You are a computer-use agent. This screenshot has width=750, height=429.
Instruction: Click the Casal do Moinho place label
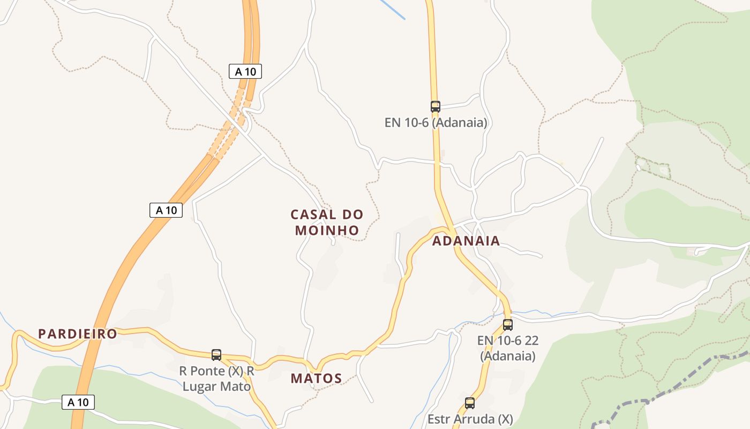tap(327, 222)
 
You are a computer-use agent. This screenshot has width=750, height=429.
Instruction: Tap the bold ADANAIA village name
tap(466, 241)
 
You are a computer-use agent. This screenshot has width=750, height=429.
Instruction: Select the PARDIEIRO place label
tap(77, 334)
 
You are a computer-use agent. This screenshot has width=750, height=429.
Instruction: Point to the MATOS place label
tap(316, 378)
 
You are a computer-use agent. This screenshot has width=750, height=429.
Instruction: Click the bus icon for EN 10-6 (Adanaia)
tap(435, 106)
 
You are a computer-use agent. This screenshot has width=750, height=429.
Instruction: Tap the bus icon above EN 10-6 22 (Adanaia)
tap(507, 324)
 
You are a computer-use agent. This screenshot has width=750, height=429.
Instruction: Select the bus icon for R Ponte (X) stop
tap(216, 354)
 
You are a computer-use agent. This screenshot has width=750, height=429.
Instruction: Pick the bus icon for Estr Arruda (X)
tap(469, 403)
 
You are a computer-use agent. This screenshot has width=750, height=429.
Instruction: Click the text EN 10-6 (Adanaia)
tap(436, 122)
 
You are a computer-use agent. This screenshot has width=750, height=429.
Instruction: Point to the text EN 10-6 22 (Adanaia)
tap(507, 347)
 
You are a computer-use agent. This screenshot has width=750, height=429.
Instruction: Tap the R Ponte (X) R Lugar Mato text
tap(216, 378)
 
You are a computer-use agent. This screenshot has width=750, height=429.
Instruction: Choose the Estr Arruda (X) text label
tap(470, 419)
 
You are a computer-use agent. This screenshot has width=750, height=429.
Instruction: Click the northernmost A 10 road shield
tap(245, 71)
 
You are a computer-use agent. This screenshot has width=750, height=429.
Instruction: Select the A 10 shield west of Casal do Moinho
tap(166, 210)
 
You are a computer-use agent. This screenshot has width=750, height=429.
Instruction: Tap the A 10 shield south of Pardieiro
tap(78, 402)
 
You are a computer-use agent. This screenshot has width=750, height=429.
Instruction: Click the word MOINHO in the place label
tap(327, 230)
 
